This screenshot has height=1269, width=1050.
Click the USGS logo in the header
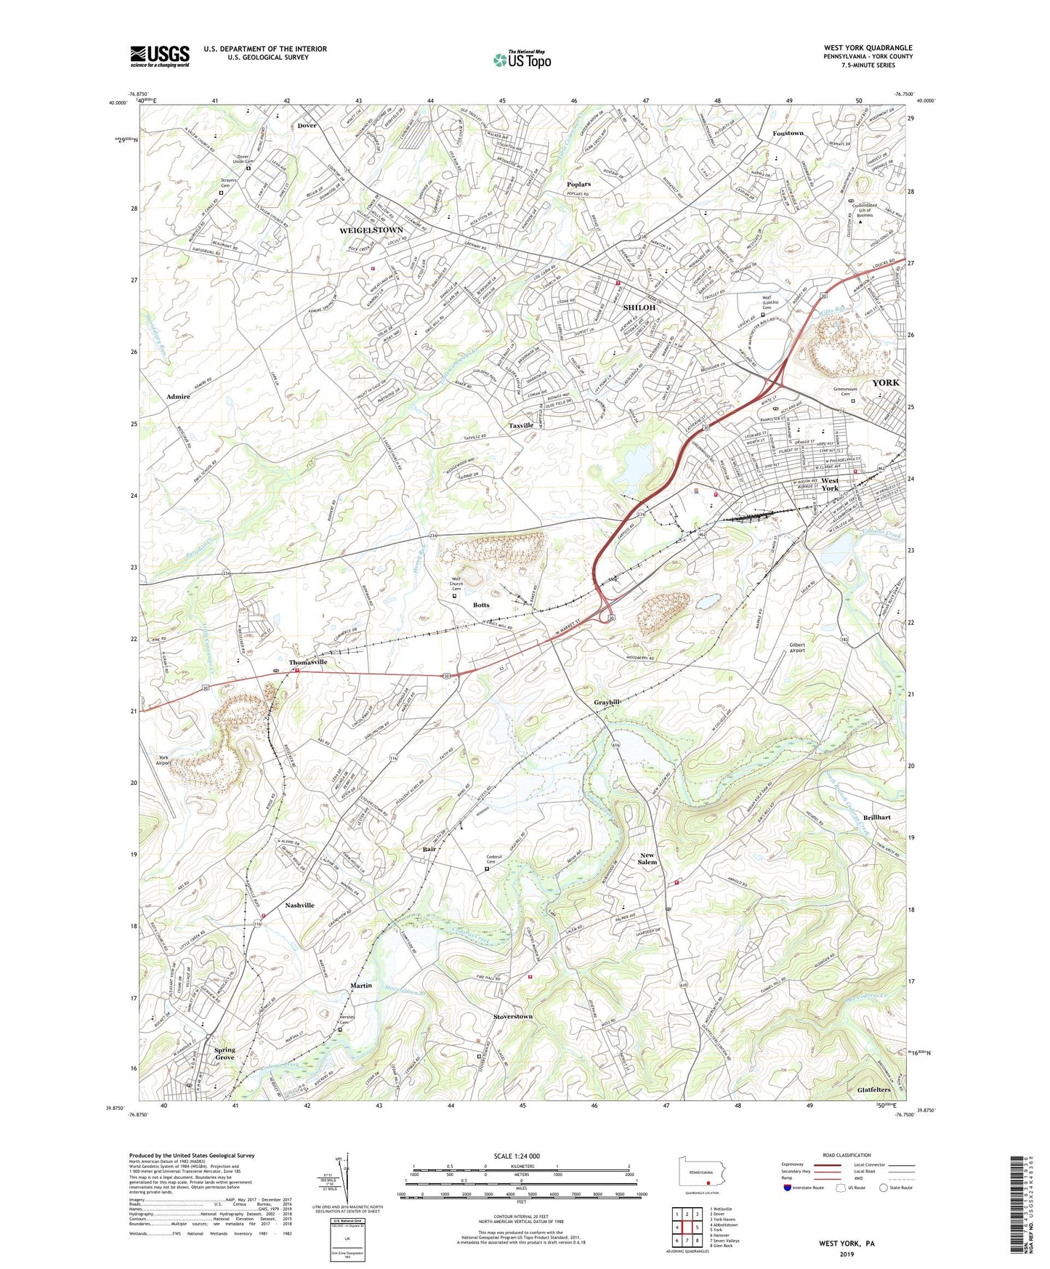coord(160,55)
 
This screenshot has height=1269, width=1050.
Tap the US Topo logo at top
coord(521,60)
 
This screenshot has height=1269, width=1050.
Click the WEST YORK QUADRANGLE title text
coord(868,48)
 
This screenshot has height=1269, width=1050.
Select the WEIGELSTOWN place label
coord(371,230)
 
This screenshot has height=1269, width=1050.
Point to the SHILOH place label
coord(639,307)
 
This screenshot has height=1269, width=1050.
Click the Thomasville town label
coord(308,663)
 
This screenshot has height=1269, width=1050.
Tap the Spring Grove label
coord(225,1053)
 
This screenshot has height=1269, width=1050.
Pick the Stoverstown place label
coord(513,1016)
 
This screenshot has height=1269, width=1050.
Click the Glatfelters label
coord(873,1090)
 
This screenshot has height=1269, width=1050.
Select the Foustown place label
coord(788,134)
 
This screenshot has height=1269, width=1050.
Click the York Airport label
coord(163,760)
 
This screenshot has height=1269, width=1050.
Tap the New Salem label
coord(647,858)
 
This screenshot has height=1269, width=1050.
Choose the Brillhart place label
coord(877,817)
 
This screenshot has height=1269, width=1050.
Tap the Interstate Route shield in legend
coord(788,1188)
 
